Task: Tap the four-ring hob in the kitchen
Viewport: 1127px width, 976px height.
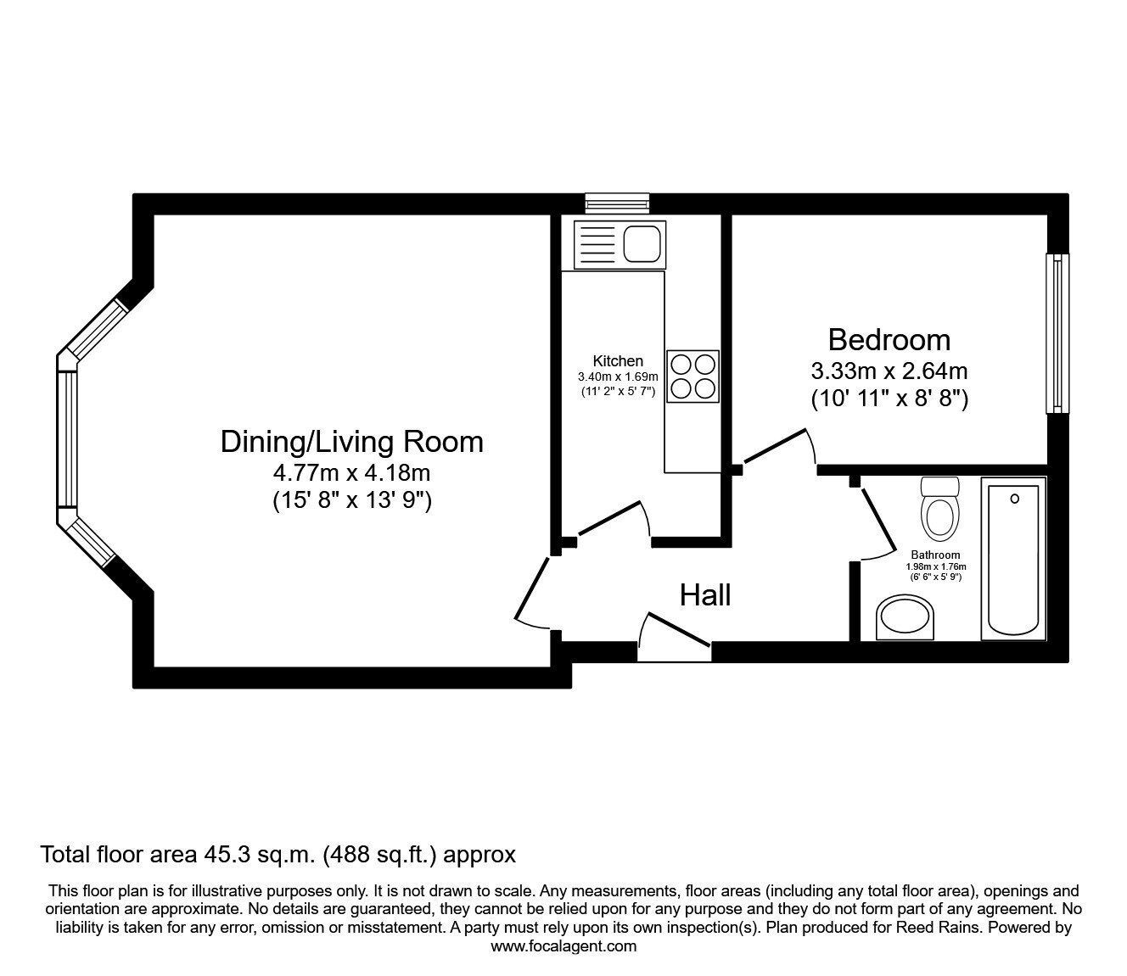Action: pos(692,376)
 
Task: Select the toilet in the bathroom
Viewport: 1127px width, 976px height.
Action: pos(940,509)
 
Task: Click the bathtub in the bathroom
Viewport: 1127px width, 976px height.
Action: pos(1013,559)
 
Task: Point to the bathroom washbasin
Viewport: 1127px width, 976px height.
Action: pos(906,617)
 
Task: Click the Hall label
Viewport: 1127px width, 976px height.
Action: pos(705,595)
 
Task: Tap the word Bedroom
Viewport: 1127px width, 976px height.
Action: pos(889,340)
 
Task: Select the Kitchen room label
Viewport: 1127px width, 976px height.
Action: pos(618,360)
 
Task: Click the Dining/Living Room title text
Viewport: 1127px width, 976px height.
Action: pos(351,442)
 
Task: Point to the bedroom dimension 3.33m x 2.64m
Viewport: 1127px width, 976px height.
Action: pos(889,371)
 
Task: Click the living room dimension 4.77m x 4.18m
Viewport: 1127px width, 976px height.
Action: pos(351,473)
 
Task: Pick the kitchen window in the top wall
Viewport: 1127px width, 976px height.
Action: pos(618,204)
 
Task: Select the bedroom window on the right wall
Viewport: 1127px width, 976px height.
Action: pos(1057,333)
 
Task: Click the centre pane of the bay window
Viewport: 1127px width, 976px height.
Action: pos(68,439)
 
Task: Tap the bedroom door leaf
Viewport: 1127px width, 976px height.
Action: pos(775,446)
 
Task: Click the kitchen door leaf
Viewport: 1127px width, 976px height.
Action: pos(608,517)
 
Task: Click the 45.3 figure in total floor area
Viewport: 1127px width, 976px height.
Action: pos(224,855)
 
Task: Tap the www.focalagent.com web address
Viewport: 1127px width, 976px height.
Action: pos(563,946)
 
